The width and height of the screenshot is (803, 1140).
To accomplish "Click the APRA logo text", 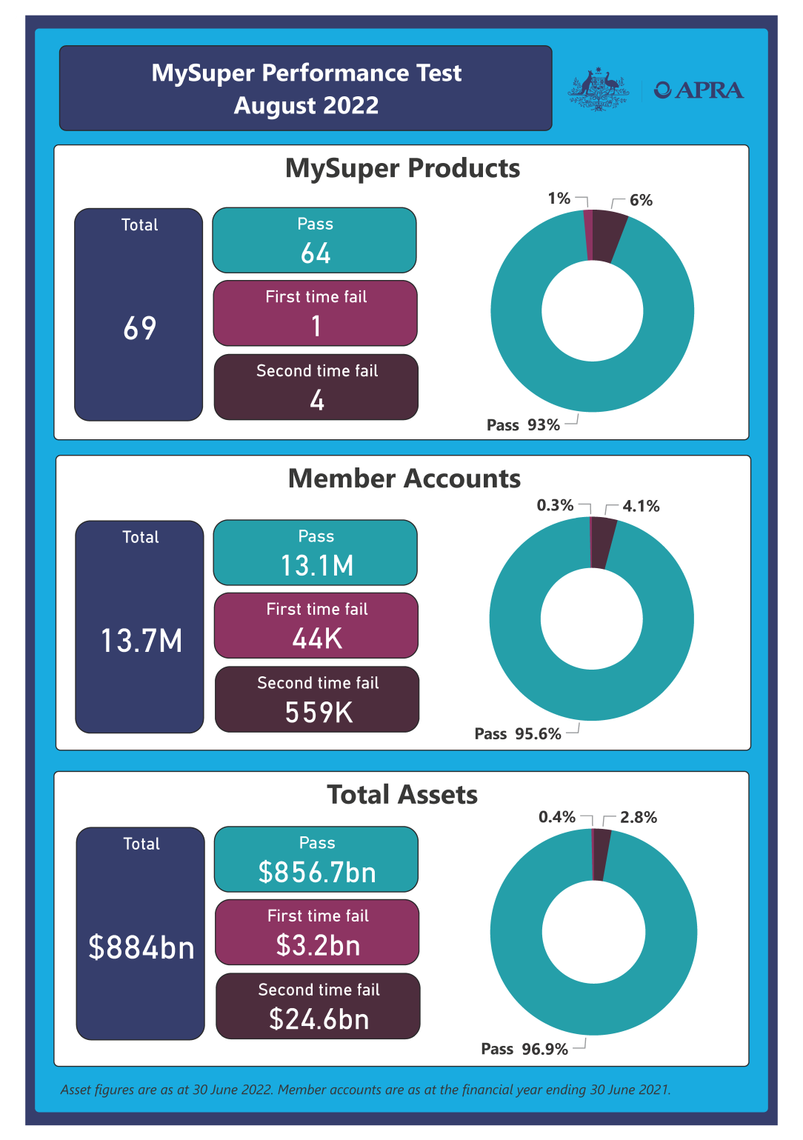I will tap(699, 90).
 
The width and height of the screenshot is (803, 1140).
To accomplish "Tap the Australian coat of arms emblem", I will tap(599, 90).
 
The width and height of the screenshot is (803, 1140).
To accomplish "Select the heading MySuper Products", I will tap(402, 168).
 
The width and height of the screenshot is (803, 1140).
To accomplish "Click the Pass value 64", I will tap(316, 253).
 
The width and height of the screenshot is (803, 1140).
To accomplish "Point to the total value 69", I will tap(140, 328).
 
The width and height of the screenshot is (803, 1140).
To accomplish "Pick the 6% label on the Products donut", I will tap(641, 200).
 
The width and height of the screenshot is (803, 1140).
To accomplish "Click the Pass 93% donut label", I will tap(523, 425).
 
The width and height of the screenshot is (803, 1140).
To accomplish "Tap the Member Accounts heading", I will tap(404, 479).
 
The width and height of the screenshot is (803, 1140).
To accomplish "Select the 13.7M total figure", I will tap(141, 641).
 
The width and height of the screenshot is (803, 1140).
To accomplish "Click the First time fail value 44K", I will tap(317, 639).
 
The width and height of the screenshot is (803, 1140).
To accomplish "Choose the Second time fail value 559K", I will tap(319, 713).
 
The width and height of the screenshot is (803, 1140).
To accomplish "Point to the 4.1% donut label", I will tap(641, 506).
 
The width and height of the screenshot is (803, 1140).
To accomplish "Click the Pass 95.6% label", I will tap(518, 734).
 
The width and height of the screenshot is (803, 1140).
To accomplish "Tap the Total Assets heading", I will tap(402, 795).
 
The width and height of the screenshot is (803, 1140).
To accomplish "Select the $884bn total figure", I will tap(141, 947).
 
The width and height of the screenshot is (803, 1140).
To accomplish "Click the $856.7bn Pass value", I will tap(317, 873).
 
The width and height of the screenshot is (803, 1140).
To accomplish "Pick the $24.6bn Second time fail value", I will tap(319, 1019).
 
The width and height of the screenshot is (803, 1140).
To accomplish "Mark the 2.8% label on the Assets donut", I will tap(639, 817).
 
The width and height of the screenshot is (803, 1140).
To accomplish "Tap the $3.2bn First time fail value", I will tap(319, 945).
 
